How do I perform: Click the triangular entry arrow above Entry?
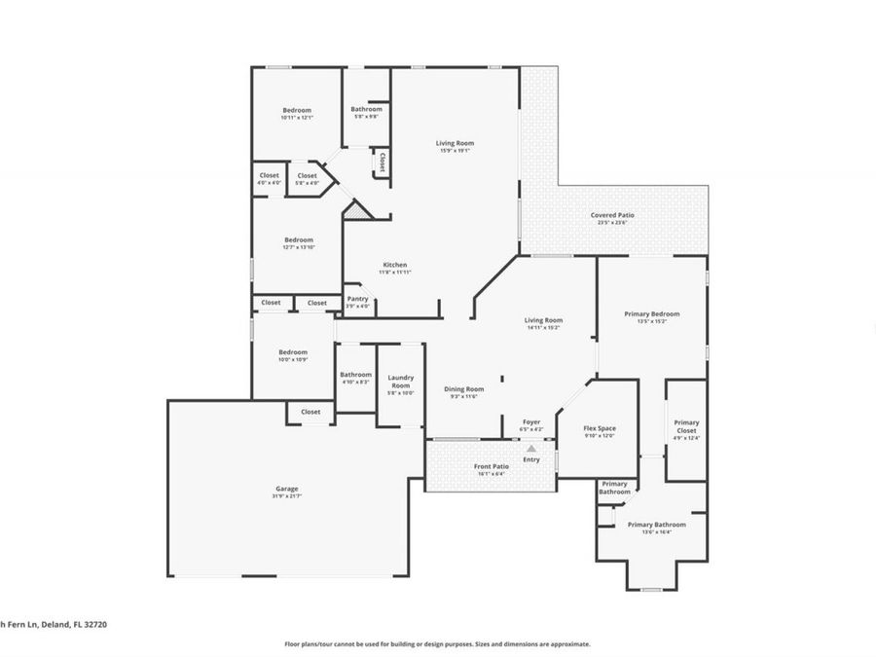pyautogui.click(x=530, y=449)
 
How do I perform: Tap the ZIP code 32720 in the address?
pyautogui.click(x=94, y=625)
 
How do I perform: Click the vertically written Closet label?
pyautogui.click(x=383, y=162)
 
